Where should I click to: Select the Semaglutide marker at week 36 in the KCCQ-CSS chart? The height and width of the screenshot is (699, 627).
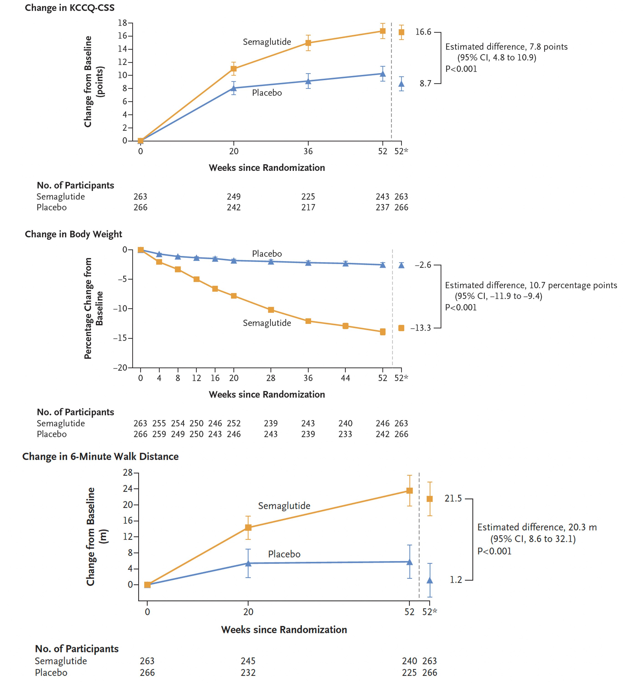pyautogui.click(x=308, y=43)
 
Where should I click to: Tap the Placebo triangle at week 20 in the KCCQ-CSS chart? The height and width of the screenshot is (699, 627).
pyautogui.click(x=234, y=88)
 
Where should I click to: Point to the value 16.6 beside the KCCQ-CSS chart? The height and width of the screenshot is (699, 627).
pyautogui.click(x=423, y=32)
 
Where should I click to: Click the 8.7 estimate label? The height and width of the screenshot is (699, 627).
pyautogui.click(x=425, y=83)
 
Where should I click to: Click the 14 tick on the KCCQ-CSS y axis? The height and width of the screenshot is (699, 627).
pyautogui.click(x=123, y=49)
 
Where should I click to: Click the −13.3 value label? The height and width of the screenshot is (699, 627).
pyautogui.click(x=420, y=328)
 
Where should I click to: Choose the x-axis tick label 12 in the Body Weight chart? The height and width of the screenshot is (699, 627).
pyautogui.click(x=196, y=378)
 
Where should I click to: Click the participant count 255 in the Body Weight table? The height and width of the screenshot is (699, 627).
pyautogui.click(x=159, y=423)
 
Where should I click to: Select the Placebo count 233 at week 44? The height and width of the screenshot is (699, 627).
pyautogui.click(x=345, y=434)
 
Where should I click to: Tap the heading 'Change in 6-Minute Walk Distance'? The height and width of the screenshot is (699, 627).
pyautogui.click(x=100, y=457)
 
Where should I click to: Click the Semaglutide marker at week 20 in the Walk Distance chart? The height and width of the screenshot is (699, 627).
pyautogui.click(x=248, y=527)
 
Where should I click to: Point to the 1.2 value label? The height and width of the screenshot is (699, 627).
pyautogui.click(x=456, y=580)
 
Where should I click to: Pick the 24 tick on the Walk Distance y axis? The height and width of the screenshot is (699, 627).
pyautogui.click(x=128, y=489)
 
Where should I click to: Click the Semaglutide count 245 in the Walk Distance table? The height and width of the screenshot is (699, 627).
pyautogui.click(x=248, y=661)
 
